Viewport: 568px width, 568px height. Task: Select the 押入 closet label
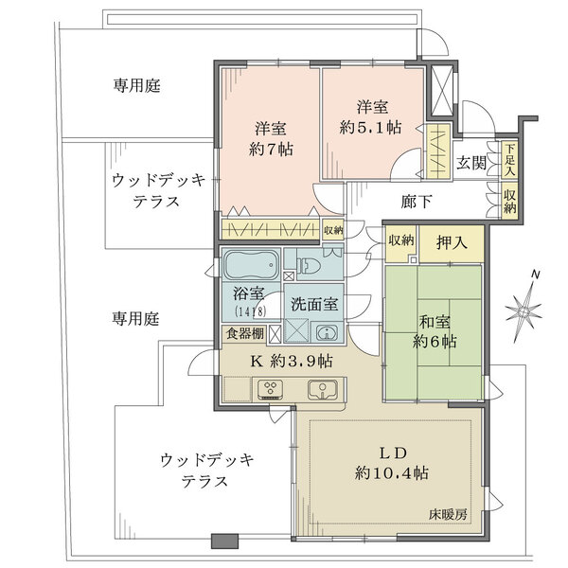[x=453, y=242]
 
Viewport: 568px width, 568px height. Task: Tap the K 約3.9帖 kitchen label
[x=291, y=361]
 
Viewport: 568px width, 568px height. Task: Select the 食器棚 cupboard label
[x=244, y=333]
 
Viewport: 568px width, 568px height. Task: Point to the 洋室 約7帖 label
[x=269, y=139]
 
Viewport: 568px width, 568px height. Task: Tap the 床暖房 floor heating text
[x=449, y=514]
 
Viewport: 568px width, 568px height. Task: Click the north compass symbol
[x=524, y=309]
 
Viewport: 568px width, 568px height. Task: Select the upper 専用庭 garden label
[x=137, y=85]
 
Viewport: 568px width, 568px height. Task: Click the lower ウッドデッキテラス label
[x=206, y=470]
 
